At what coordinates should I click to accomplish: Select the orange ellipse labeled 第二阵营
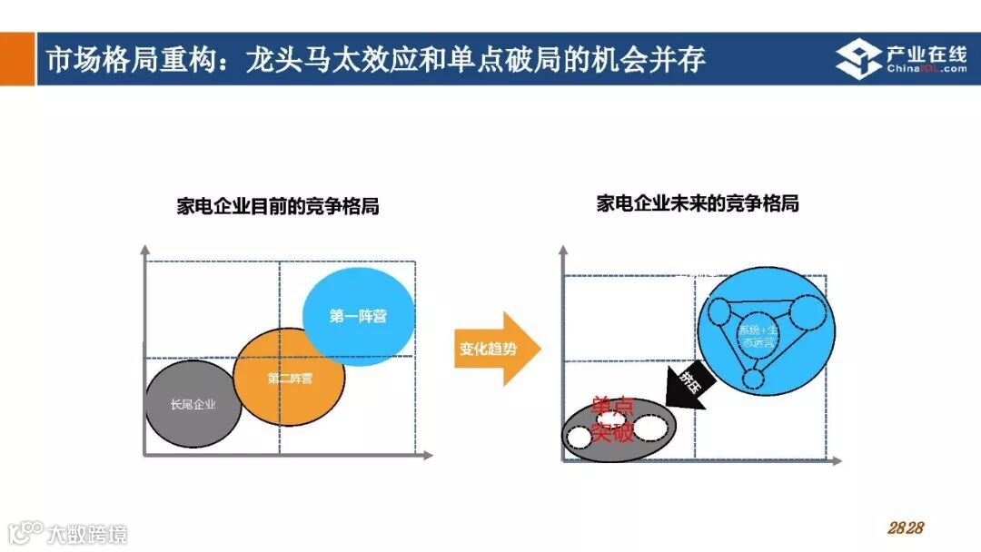(x=289, y=378)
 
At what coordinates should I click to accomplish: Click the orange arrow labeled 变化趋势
(x=495, y=350)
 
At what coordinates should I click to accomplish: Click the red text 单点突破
(x=612, y=419)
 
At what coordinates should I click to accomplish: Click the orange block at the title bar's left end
(x=17, y=59)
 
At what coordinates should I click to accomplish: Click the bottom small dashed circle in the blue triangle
(x=752, y=379)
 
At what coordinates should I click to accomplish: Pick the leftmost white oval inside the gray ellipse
(x=580, y=437)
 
